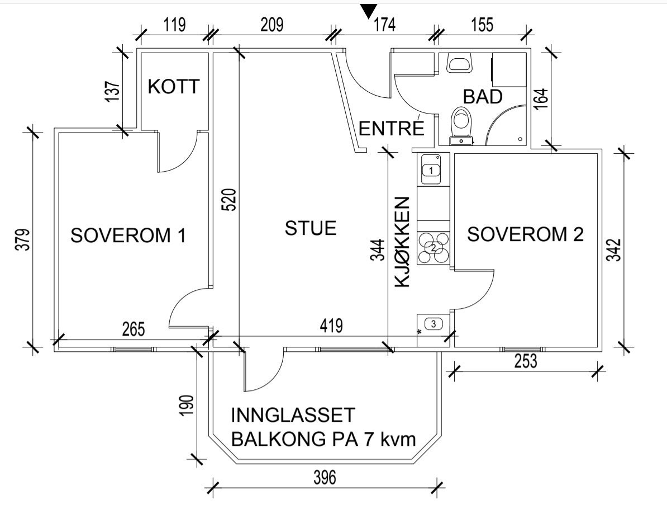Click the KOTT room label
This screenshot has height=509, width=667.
pyautogui.click(x=174, y=87)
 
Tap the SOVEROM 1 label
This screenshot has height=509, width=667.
pyautogui.click(x=128, y=235)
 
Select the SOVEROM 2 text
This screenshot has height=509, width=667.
pyautogui.click(x=525, y=234)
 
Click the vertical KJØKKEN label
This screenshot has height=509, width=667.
pyautogui.click(x=403, y=242)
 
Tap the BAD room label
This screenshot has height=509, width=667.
pyautogui.click(x=483, y=96)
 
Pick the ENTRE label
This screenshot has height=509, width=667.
pyautogui.click(x=391, y=129)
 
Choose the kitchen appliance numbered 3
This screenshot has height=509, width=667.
pyautogui.click(x=433, y=323)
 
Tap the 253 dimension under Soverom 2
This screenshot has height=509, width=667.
pyautogui.click(x=525, y=362)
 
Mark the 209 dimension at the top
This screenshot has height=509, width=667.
pyautogui.click(x=272, y=25)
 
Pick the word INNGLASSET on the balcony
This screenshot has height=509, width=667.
pyautogui.click(x=293, y=416)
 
